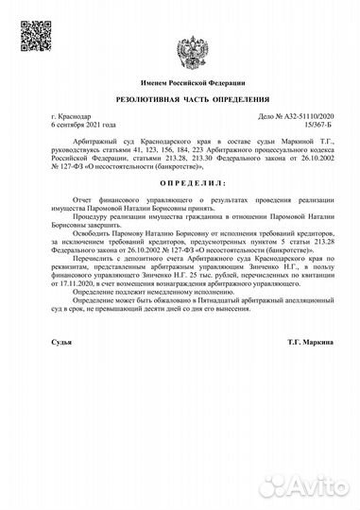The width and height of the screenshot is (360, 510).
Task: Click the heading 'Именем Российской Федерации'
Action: coord(180,84)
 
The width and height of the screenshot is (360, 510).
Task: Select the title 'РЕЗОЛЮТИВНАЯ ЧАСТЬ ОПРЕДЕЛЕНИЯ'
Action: coord(180,99)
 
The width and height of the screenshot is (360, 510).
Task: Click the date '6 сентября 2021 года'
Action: coord(85,124)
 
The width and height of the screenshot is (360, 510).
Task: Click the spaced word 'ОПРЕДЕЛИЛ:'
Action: coord(180,177)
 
